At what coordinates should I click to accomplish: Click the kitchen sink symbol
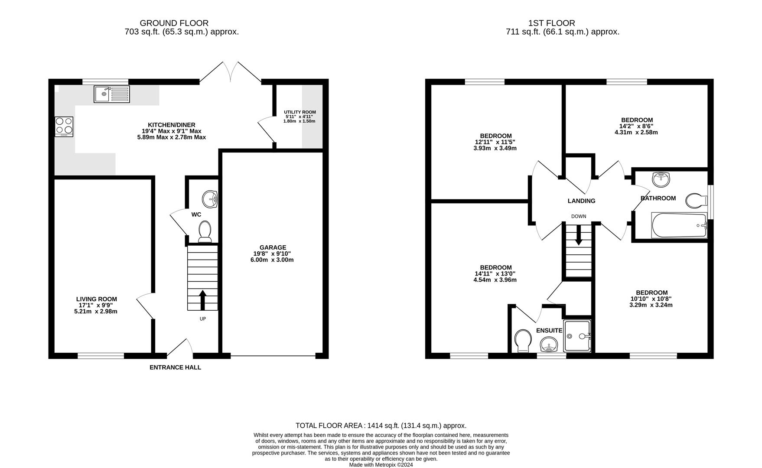click(111, 94)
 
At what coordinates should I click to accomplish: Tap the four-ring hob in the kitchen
click(64, 127)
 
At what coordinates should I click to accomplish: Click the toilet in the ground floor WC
click(205, 231)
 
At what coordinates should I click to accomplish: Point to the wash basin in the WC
click(211, 199)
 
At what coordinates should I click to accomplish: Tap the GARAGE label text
click(273, 247)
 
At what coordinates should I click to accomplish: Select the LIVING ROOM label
click(96, 299)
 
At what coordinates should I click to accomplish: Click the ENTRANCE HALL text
click(175, 367)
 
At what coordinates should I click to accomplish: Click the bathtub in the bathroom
click(679, 225)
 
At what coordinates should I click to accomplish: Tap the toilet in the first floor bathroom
click(696, 201)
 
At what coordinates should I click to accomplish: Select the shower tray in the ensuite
click(577, 336)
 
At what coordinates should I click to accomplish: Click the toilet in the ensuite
click(523, 341)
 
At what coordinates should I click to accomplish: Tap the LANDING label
click(581, 201)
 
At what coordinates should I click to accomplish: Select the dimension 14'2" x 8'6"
click(636, 126)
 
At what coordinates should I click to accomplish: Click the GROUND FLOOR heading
click(174, 23)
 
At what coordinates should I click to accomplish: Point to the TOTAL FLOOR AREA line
click(381, 426)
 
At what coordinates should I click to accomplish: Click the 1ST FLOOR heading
click(551, 23)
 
